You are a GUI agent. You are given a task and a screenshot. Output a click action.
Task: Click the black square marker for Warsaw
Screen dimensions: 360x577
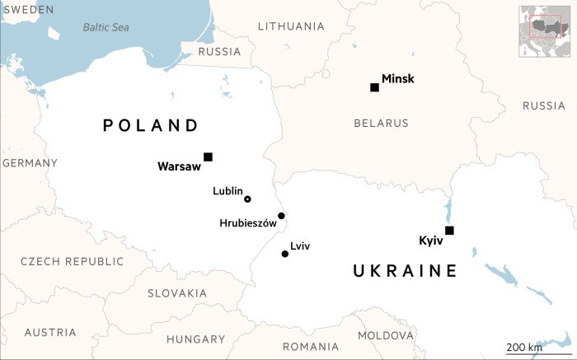[x=208, y=157]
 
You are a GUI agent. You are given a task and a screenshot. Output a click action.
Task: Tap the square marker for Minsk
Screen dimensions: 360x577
[x=374, y=87]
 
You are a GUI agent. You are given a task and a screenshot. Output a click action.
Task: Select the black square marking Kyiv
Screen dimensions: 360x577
[x=448, y=230]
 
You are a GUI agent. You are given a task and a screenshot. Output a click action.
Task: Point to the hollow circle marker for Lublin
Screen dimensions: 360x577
[x=247, y=199]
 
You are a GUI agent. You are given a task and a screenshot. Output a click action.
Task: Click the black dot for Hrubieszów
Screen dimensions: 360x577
[x=281, y=216]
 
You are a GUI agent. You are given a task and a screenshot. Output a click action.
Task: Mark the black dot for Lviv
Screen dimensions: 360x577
[x=285, y=254]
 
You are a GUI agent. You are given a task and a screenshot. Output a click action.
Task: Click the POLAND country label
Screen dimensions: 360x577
[x=151, y=125]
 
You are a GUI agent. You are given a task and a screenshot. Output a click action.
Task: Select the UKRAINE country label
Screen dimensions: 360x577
[x=404, y=271]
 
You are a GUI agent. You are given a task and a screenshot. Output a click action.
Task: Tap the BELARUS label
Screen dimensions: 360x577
[x=381, y=124]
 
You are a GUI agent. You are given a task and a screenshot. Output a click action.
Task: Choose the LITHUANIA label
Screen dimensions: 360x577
[x=290, y=26]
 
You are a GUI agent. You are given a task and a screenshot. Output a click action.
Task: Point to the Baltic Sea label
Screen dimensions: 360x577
[x=106, y=27]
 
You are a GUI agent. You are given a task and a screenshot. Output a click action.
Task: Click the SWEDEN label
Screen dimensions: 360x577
[x=27, y=9]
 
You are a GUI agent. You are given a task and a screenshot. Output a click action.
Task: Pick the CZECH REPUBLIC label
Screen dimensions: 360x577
[x=72, y=261]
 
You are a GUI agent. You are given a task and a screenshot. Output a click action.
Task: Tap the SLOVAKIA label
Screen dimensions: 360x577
[x=177, y=293]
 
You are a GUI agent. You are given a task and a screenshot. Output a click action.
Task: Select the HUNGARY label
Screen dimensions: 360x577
[x=195, y=339]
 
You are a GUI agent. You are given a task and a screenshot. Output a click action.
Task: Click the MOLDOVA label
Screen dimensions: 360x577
[x=385, y=336]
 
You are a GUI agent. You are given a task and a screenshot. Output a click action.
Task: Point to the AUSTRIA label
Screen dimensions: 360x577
[x=50, y=333]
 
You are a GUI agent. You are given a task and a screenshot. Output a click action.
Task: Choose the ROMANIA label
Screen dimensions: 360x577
[x=311, y=346]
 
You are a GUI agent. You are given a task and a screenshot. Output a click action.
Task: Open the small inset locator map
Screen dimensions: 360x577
[x=545, y=30]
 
